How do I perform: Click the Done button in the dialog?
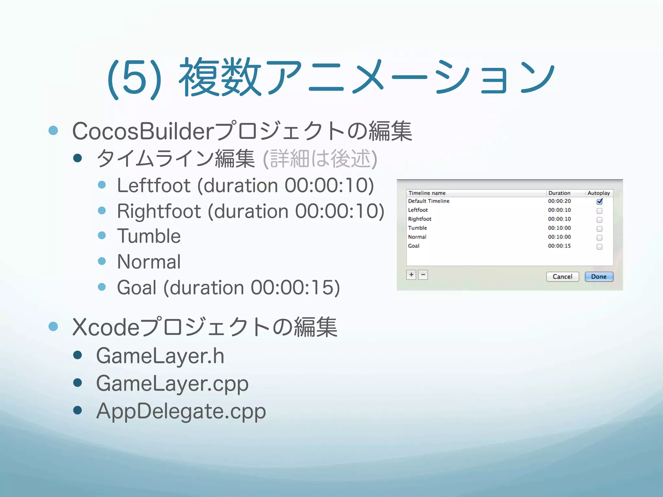point(599,277)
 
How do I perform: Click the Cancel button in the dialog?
point(562,277)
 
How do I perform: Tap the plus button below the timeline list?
point(411,275)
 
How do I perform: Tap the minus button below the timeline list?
point(423,275)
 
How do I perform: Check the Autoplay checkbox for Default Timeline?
point(599,201)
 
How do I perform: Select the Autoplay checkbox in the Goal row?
point(599,247)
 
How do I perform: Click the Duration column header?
point(559,193)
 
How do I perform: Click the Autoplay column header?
point(599,193)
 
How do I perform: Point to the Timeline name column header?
point(427,193)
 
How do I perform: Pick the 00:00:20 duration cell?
point(559,201)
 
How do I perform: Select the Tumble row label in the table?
point(417,228)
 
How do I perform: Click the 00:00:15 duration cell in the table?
point(559,246)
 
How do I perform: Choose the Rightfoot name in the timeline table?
point(420,219)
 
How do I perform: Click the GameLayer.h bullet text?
point(160,356)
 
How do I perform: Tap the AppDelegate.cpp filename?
point(181,411)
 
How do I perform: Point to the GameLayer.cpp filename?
point(172,383)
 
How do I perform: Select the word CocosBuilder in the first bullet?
point(143,131)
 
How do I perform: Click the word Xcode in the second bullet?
point(106,327)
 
